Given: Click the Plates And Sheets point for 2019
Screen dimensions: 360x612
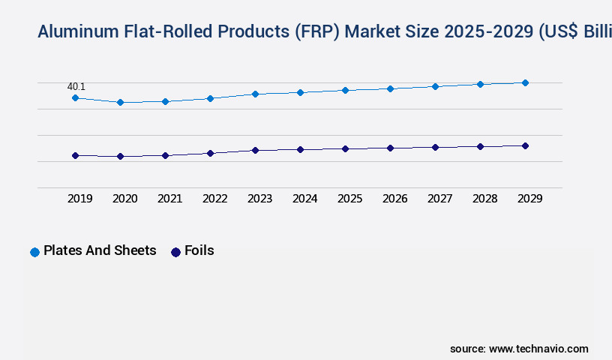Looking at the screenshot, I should pyautogui.click(x=75, y=98).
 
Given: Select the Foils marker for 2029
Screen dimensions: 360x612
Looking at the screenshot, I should pyautogui.click(x=525, y=145).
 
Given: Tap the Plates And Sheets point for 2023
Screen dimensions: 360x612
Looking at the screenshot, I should pyautogui.click(x=255, y=94).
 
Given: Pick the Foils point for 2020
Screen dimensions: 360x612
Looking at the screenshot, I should pyautogui.click(x=120, y=156).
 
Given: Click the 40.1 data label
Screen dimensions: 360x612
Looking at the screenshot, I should pyautogui.click(x=76, y=87).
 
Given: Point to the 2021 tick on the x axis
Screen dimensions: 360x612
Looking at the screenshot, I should pyautogui.click(x=169, y=199).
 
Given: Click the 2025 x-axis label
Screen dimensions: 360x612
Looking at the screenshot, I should pyautogui.click(x=349, y=199).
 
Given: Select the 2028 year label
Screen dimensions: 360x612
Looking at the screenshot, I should pyautogui.click(x=484, y=199).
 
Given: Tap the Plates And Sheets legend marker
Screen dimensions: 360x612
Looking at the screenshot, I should pyautogui.click(x=34, y=252).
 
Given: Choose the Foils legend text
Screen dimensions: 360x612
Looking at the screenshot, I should pyautogui.click(x=199, y=250).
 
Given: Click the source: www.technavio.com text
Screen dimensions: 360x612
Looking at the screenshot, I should pyautogui.click(x=519, y=349).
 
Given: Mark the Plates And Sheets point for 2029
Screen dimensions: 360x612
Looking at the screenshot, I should pyautogui.click(x=525, y=82).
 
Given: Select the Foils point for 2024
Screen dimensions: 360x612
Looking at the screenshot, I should pyautogui.click(x=300, y=149).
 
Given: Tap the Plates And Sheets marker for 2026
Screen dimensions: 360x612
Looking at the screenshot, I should pyautogui.click(x=390, y=88).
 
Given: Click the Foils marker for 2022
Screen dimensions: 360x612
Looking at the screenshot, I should pyautogui.click(x=210, y=153).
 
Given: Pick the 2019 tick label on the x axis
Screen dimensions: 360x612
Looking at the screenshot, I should pyautogui.click(x=79, y=199).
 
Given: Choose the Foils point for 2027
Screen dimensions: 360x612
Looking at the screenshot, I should pyautogui.click(x=435, y=147).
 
